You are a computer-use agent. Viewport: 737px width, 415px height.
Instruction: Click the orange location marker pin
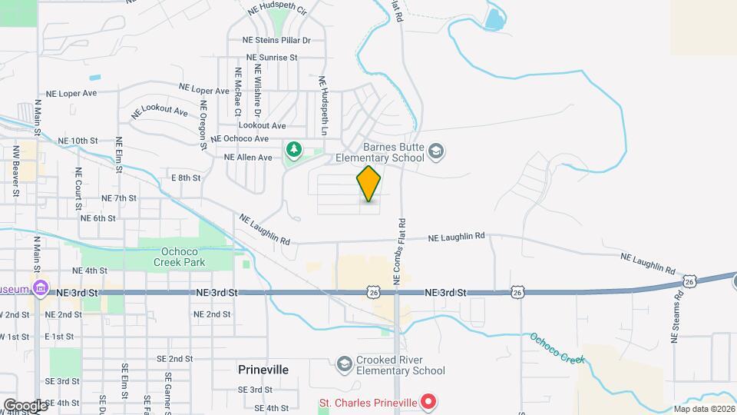[368, 183]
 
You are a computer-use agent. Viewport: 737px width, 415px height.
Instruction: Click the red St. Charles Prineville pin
[429, 402]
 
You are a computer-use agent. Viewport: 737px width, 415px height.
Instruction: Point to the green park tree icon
[292, 148]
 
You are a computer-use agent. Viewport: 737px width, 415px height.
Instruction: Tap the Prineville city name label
[263, 370]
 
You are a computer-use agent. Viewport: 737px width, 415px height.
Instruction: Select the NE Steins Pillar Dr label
[276, 40]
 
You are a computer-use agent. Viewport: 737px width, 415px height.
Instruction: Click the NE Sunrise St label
[271, 58]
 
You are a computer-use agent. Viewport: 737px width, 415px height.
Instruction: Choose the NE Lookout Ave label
[159, 112]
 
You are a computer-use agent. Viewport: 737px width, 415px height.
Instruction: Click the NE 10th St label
[78, 141]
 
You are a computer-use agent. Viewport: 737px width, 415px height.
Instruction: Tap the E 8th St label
[185, 178]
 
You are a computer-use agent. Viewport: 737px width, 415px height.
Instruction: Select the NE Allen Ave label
[248, 158]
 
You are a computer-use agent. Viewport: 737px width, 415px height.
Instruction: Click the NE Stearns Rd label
[677, 318]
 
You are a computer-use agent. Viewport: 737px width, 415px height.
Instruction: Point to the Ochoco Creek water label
[557, 348]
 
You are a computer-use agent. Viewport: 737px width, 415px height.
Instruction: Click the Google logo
[25, 405]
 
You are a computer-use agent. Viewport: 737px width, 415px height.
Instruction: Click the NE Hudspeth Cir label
[277, 11]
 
